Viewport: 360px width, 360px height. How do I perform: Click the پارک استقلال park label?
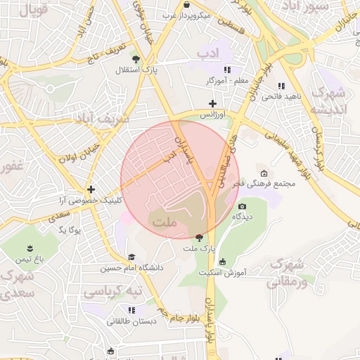pos(137,70)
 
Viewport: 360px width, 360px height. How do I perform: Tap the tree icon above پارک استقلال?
pos(136,59)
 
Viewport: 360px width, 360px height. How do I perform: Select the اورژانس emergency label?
pos(212,114)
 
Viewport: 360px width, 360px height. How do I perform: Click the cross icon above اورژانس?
pos(212,103)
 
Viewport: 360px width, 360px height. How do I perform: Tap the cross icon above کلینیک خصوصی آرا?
pos(91,189)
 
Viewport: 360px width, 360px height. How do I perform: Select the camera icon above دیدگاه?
pos(243,207)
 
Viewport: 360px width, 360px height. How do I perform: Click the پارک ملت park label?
pos(198,249)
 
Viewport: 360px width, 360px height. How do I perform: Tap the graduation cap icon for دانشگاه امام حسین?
pos(131,257)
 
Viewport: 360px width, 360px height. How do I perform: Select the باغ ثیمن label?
pos(32,259)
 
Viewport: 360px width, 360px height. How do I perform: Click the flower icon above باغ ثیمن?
pos(30,248)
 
